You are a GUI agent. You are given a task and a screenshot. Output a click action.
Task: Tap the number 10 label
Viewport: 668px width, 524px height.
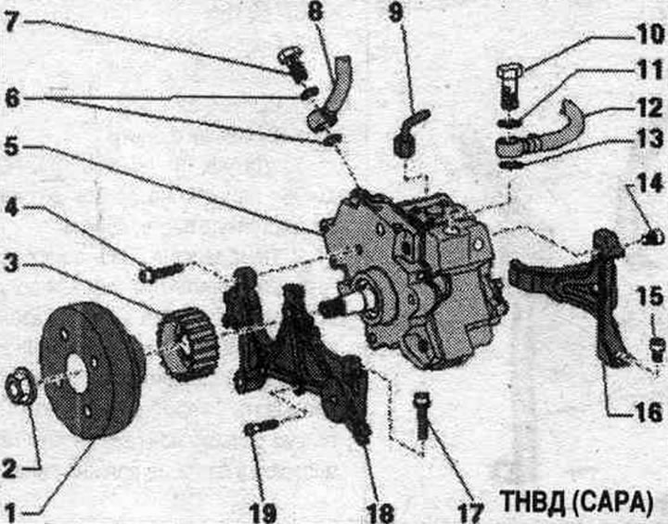click(x=650, y=34)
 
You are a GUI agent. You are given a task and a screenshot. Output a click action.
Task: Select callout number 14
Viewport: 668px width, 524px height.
click(x=650, y=183)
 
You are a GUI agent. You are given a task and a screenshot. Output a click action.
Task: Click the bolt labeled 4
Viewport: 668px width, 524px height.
click(x=162, y=272)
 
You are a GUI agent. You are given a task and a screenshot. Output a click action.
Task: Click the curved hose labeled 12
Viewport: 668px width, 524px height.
click(x=541, y=132)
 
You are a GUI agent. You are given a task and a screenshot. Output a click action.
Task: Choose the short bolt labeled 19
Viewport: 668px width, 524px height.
click(x=263, y=427)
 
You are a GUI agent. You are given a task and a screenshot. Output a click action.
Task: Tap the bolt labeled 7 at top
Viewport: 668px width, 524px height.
click(x=292, y=65)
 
